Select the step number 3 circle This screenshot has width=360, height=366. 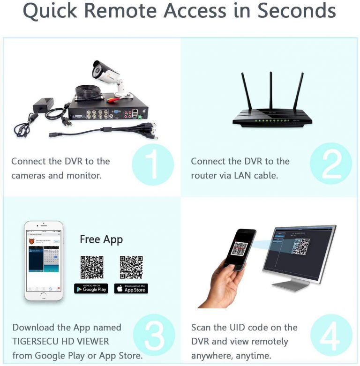[153, 334]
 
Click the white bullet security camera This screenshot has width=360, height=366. [108, 75]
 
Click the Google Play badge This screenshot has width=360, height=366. [91, 289]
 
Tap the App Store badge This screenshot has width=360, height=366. [131, 289]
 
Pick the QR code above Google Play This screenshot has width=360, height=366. [91, 267]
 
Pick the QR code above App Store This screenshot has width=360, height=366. [131, 267]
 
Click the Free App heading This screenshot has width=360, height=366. [101, 239]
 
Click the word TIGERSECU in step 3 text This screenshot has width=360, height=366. [38, 342]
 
